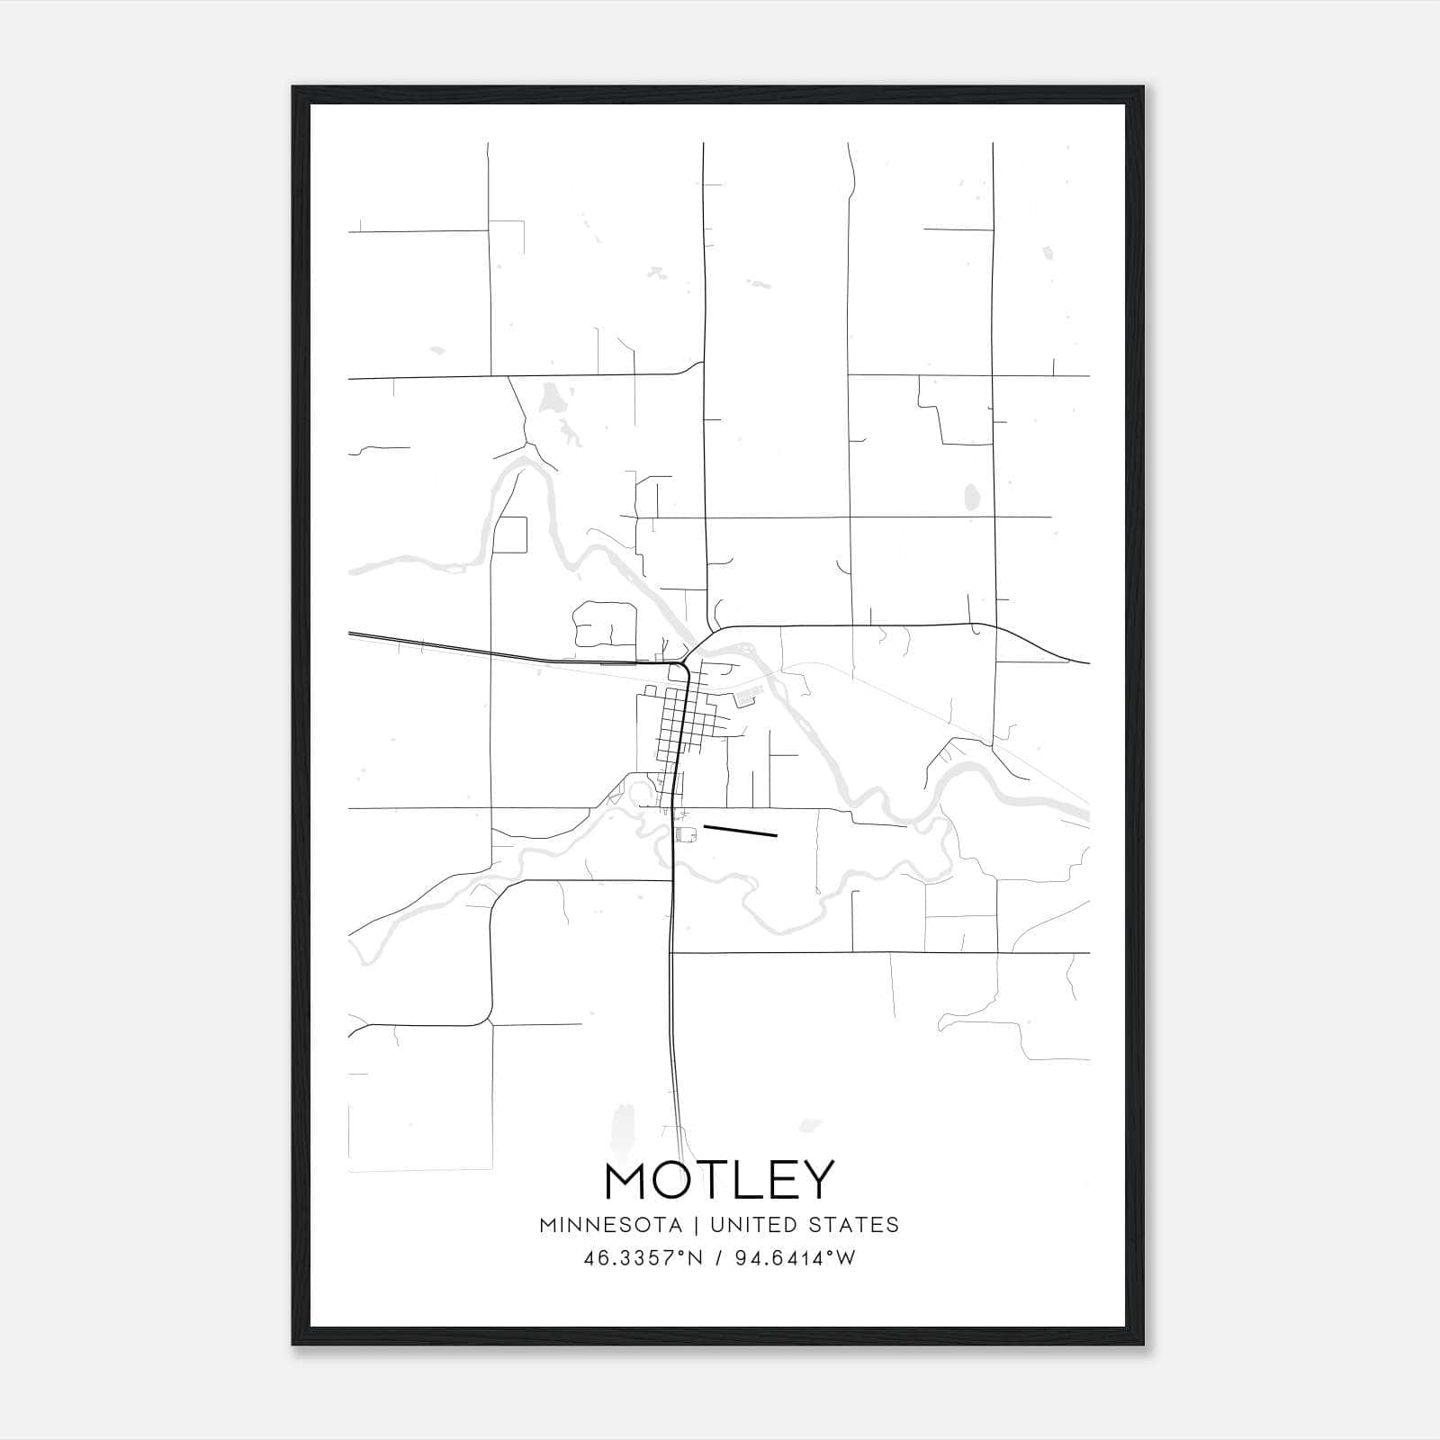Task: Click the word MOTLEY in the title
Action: coord(720,1180)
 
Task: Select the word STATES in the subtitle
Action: coord(856,1225)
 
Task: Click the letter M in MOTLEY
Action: coord(626,1180)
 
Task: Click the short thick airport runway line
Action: coord(740,831)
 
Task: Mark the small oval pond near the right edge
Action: coord(972,497)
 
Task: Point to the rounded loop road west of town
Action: coord(605,623)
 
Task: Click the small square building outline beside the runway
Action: coord(687,836)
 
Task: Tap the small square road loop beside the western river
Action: coord(510,535)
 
